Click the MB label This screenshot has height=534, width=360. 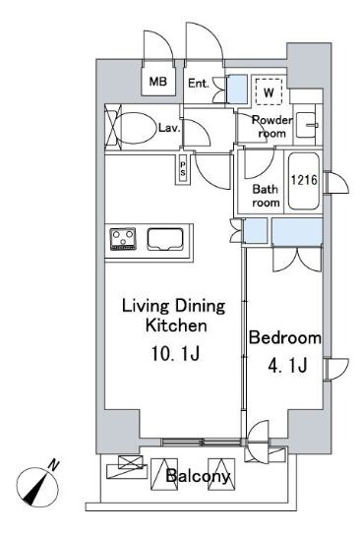pos(158,82)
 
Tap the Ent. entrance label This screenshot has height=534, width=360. pos(199,84)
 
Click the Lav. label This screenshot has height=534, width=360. pos(169,128)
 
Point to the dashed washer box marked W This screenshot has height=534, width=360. pos(269,92)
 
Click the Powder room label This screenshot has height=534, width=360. pos(271,126)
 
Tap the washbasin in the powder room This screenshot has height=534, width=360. pos(307,125)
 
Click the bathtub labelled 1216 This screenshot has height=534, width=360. pos(304,181)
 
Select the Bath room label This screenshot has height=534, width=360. pos(266,196)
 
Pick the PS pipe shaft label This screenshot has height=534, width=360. pos(183,169)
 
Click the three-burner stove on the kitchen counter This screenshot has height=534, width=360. pos(123,239)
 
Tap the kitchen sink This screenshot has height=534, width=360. pos(165,239)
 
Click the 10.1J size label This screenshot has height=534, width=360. pos(175,354)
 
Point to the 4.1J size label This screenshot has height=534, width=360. pos(288,366)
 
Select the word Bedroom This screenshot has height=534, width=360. pos(285,338)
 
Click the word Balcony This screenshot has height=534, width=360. pos(198,476)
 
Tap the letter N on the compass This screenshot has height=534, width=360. pos(53,465)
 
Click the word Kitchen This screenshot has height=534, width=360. pos(176,326)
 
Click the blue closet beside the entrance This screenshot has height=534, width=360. pos(237,89)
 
